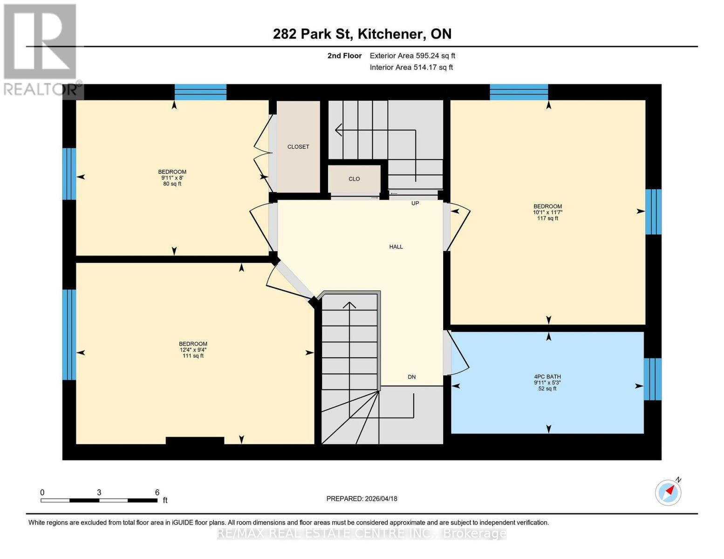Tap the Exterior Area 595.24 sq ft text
point(412,55)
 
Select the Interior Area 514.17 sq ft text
point(411,67)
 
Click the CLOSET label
point(298,147)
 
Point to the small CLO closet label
point(354,179)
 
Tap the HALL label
point(396,247)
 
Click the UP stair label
point(415,203)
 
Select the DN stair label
point(411,377)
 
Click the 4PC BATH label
point(547,377)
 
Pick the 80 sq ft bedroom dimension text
point(172,184)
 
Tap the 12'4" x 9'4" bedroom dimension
point(193,350)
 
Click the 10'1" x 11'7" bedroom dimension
point(547,212)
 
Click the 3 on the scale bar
point(99,492)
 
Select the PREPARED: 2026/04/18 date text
point(362,498)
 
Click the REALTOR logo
point(41,49)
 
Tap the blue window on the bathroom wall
point(652,379)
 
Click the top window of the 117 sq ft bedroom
point(519,92)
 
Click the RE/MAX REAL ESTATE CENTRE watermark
point(362,533)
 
